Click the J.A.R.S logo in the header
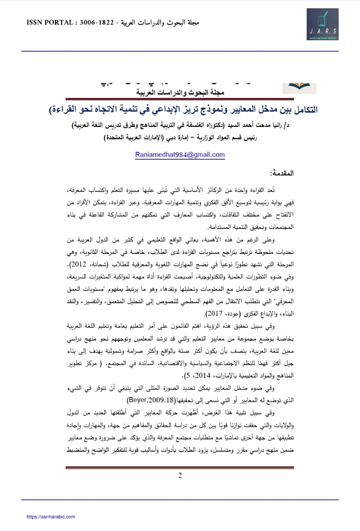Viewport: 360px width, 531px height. pyautogui.click(x=322, y=24)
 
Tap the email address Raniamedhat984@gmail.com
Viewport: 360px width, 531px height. pyautogui.click(x=180, y=155)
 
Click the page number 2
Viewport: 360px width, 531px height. pyautogui.click(x=180, y=475)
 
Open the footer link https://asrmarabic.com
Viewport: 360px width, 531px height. pyautogui.click(x=51, y=516)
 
